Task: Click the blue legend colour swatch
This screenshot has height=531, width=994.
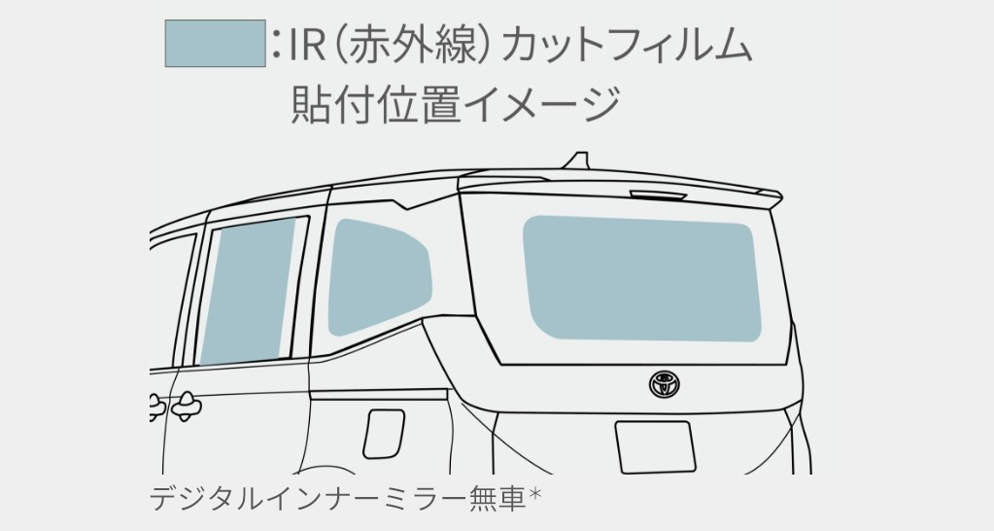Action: pos(215,44)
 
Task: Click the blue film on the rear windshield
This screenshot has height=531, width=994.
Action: pos(641,278)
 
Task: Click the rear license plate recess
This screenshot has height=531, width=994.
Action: pos(654,446)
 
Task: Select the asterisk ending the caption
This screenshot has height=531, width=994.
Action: pos(534,498)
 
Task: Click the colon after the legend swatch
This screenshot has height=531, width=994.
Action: pos(277,44)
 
